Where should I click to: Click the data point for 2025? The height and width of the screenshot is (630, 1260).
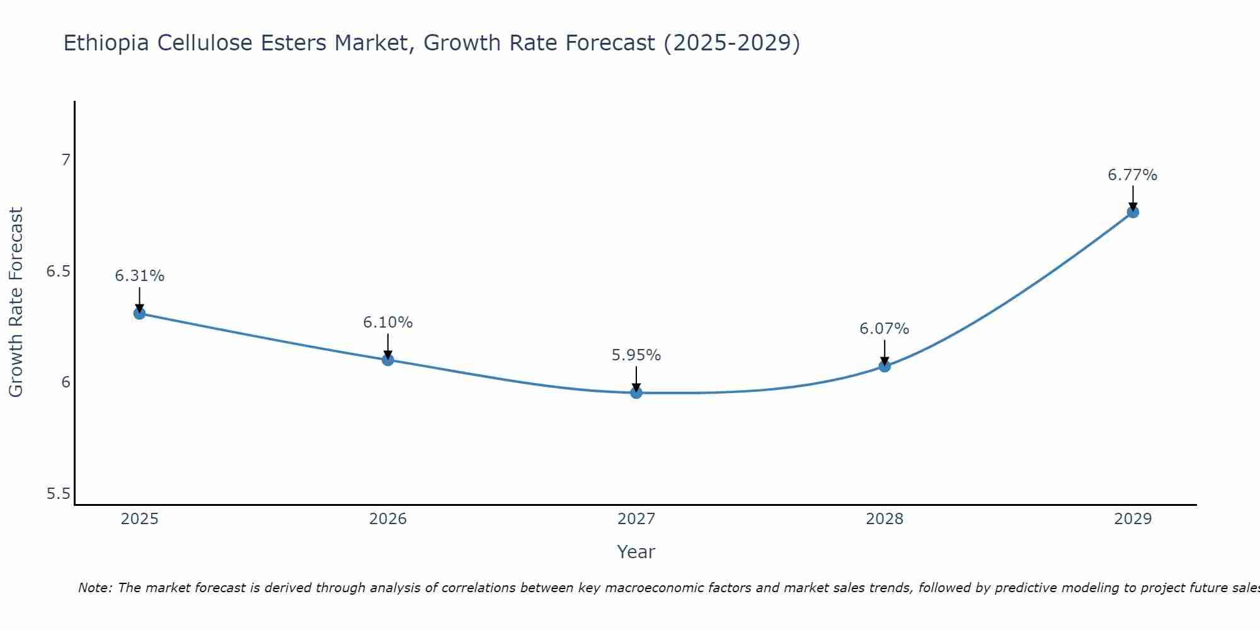140,313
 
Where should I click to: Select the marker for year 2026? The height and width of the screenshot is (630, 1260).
388,360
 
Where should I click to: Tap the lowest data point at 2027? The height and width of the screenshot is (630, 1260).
636,392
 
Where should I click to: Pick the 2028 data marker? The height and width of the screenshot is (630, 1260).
885,366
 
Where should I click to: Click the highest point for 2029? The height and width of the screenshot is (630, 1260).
1133,212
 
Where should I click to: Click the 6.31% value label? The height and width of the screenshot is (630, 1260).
140,276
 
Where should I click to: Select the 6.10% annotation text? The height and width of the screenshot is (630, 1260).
388,323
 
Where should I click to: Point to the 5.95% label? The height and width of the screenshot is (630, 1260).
636,355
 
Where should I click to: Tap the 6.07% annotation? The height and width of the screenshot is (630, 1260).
885,329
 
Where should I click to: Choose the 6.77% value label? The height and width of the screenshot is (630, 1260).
1133,175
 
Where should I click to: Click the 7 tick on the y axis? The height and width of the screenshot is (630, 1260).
66,160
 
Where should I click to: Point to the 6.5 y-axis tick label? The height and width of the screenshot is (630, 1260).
58,272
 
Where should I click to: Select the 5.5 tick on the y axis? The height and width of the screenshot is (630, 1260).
58,494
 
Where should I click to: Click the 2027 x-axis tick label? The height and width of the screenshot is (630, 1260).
636,519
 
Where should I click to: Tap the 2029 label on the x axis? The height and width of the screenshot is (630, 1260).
1133,519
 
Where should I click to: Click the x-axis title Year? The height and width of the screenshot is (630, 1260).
636,552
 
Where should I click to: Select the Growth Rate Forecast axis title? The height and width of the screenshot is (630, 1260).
16,302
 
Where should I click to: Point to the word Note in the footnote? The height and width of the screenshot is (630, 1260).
94,588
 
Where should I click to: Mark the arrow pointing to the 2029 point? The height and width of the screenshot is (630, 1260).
1133,197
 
